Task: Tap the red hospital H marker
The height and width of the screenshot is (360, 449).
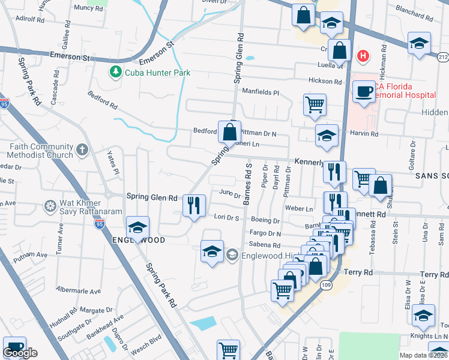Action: point(363,56)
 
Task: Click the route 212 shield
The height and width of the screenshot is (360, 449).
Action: point(443,56)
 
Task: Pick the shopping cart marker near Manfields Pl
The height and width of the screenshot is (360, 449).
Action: point(315,105)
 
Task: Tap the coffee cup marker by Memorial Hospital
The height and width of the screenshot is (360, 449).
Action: point(363,92)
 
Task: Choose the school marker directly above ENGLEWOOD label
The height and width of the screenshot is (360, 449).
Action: point(137,227)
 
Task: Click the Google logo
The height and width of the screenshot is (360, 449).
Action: point(20,353)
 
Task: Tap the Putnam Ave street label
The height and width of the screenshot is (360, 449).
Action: point(34,254)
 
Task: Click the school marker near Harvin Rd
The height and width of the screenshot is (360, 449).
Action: point(327,136)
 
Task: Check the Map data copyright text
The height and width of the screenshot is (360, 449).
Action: point(423,355)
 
